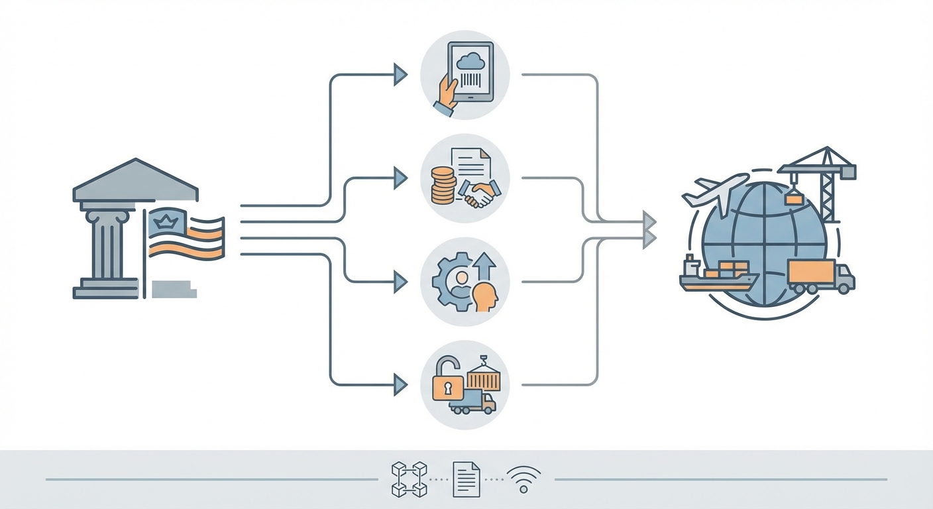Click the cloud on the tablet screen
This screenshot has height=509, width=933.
click(x=472, y=61)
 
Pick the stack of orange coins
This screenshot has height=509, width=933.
click(x=443, y=185)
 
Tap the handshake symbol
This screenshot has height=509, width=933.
click(x=480, y=194)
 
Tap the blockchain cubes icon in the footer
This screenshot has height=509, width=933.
click(x=408, y=479)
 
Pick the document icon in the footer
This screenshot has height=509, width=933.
click(x=466, y=479)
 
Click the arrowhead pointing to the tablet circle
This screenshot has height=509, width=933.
click(x=400, y=75)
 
